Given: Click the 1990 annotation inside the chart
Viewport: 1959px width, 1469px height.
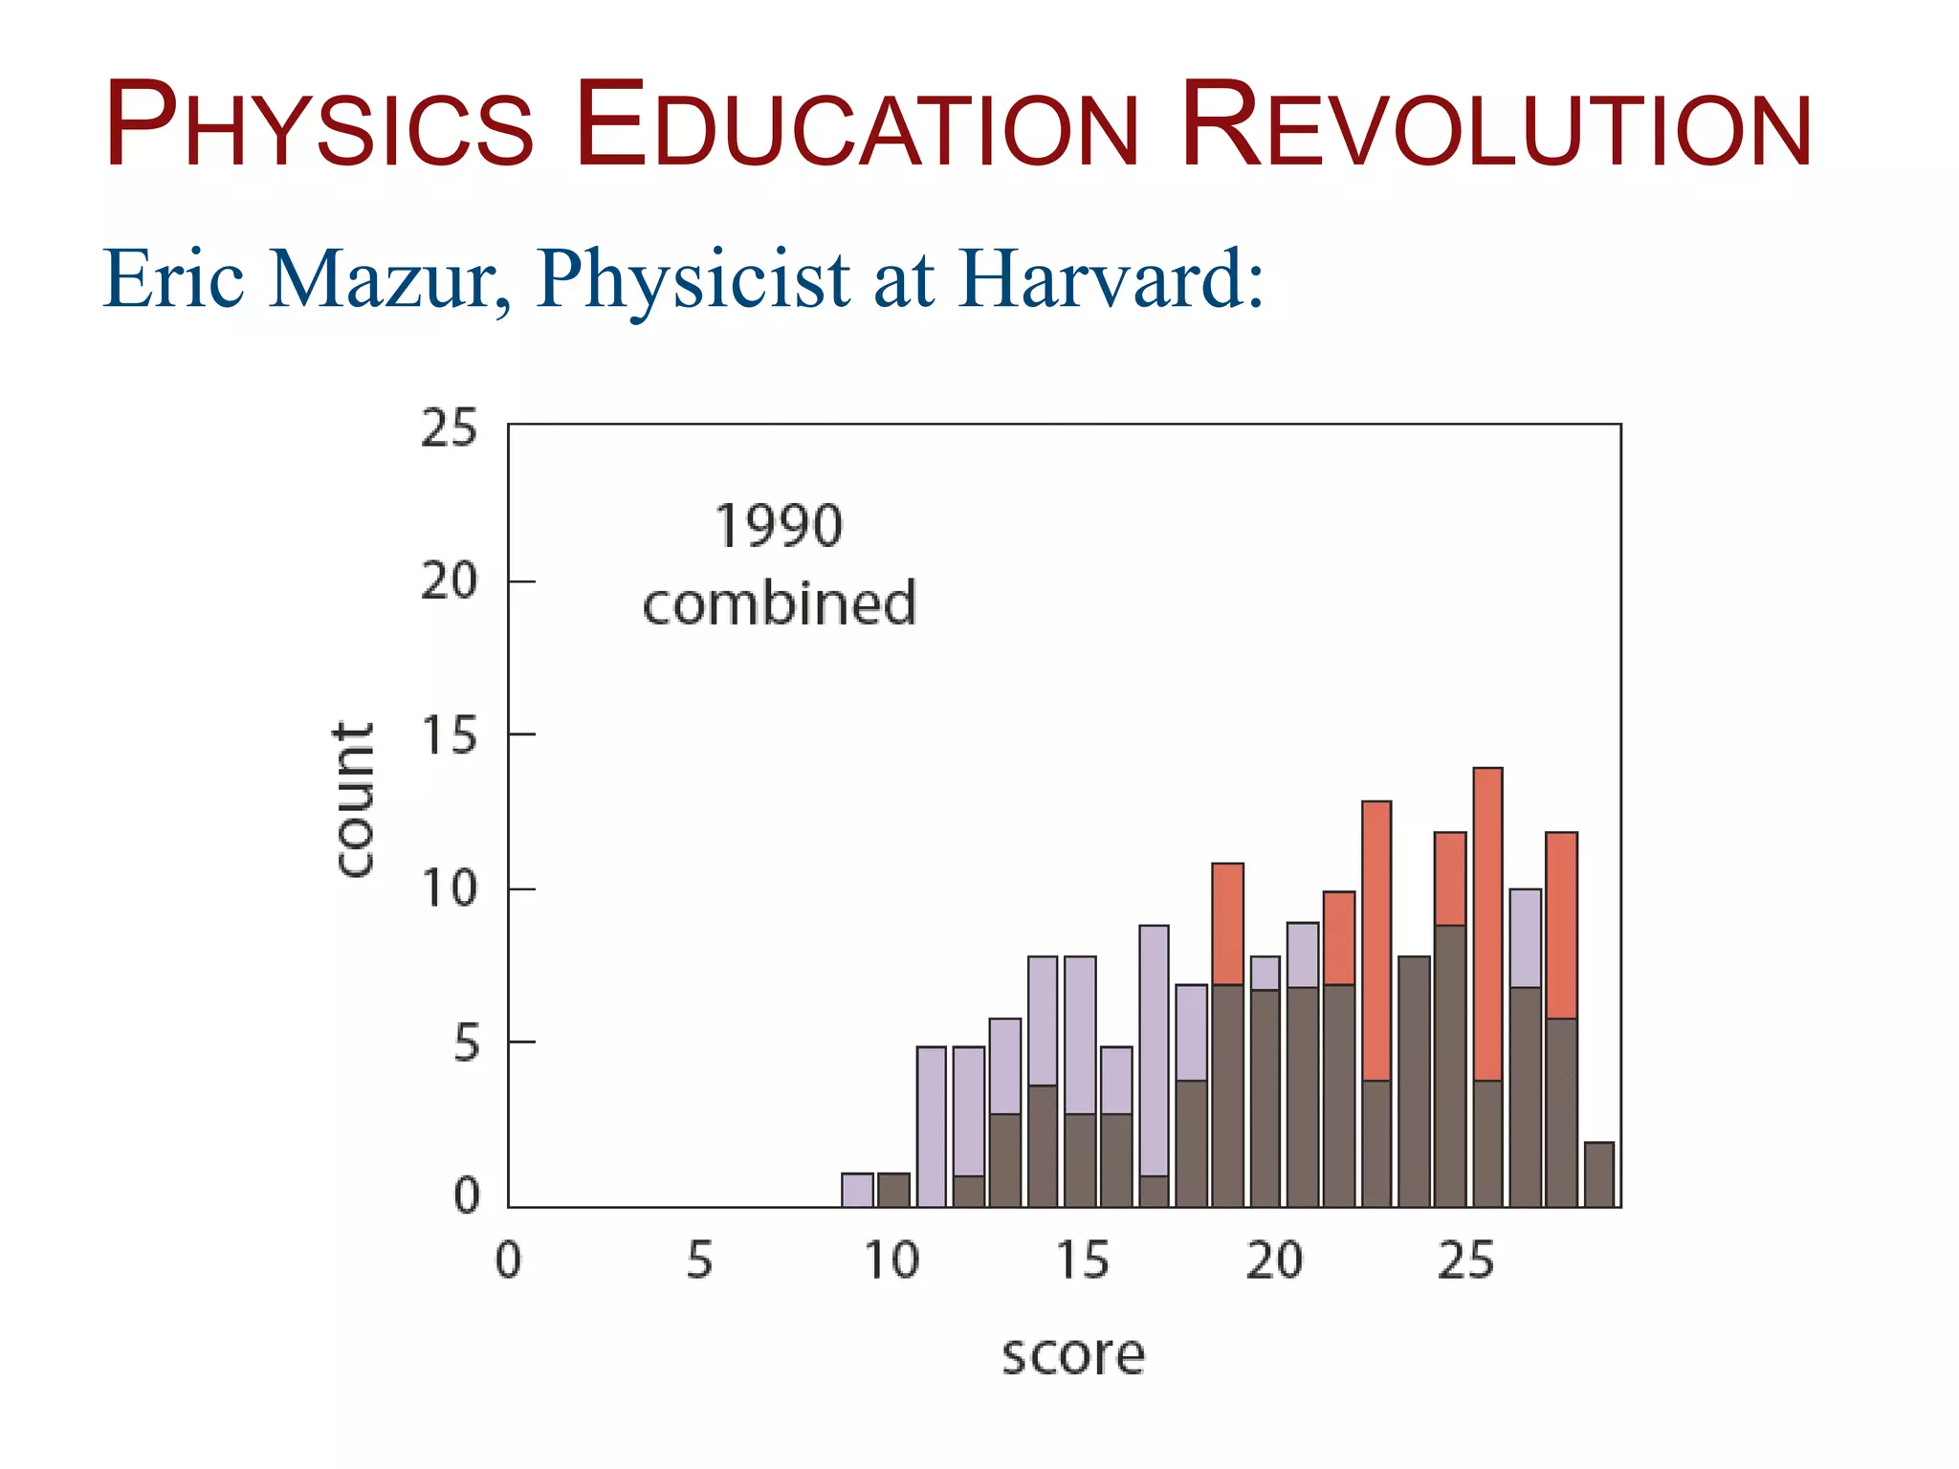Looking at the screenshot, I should (779, 526).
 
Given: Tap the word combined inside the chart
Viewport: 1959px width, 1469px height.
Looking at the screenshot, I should (779, 603).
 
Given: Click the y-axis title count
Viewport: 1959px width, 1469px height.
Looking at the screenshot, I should (354, 799).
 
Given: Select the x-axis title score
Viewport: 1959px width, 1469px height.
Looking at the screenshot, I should (1072, 1355).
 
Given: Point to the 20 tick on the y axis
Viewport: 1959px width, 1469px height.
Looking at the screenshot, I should (449, 581).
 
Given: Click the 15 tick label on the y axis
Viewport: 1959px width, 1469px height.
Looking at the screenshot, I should (449, 734).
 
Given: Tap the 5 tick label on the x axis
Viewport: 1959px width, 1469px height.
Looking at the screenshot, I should (700, 1261).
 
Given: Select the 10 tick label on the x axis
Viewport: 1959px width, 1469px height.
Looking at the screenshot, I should (891, 1261).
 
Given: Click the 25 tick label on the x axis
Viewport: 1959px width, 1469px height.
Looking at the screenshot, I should (1465, 1261).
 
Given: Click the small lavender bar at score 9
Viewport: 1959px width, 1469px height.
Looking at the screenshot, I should (857, 1190).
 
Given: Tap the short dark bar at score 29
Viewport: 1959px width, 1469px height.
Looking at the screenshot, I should (1598, 1174).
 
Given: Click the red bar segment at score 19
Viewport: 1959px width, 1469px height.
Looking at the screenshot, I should (1227, 923).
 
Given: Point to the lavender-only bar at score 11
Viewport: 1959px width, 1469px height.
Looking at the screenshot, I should (931, 1127).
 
